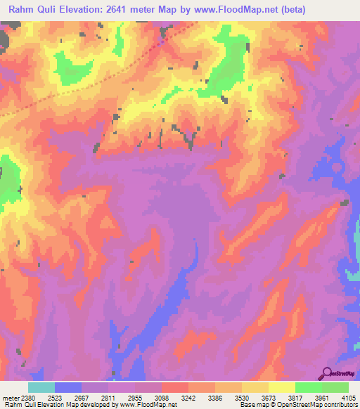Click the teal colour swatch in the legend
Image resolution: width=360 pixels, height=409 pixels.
pyautogui.click(x=41, y=387)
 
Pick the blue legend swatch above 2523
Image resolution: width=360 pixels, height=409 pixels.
pyautogui.click(x=68, y=387)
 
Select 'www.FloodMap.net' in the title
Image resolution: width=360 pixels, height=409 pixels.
pyautogui.click(x=250, y=10)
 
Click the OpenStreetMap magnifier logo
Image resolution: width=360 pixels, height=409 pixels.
pyautogui.click(x=327, y=373)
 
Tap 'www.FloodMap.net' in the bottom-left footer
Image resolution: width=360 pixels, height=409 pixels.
pyautogui.click(x=141, y=405)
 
